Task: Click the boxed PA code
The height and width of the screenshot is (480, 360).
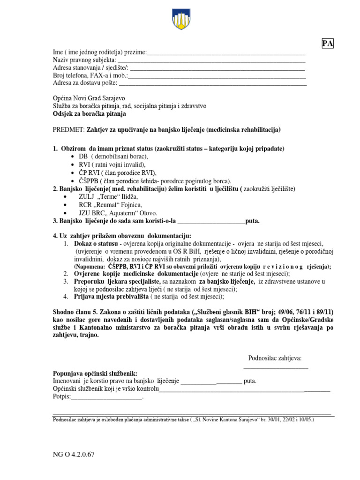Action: pyautogui.click(x=327, y=44)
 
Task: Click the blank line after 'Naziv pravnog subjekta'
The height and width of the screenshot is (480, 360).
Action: pyautogui.click(x=211, y=61)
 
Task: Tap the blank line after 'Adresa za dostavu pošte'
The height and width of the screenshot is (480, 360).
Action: pyautogui.click(x=213, y=84)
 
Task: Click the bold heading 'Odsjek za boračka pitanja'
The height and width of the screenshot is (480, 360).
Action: pyautogui.click(x=89, y=114)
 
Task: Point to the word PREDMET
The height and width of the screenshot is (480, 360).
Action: pyautogui.click(x=68, y=129)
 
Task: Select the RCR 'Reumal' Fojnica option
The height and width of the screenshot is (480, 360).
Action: pyautogui.click(x=110, y=205)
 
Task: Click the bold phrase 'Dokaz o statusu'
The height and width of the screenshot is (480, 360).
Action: pyautogui.click(x=96, y=244)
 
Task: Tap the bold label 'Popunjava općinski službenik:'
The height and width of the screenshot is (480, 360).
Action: pyautogui.click(x=96, y=373)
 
